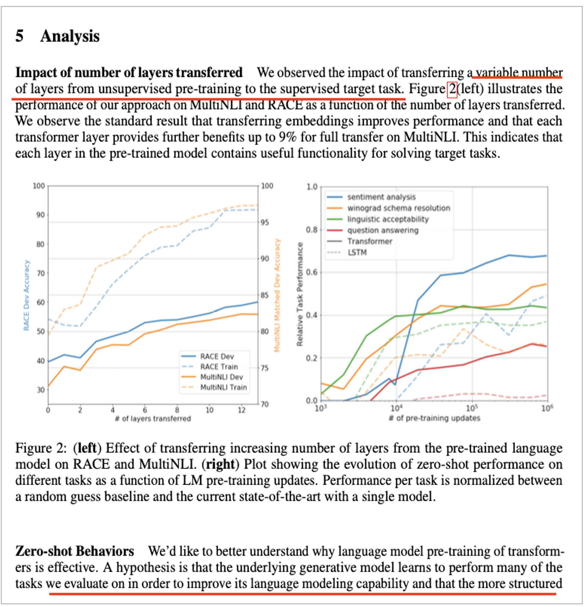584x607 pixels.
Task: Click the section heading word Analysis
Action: pyautogui.click(x=70, y=36)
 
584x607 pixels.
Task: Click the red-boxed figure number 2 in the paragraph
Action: pyautogui.click(x=452, y=89)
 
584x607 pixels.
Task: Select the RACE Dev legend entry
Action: pyautogui.click(x=217, y=356)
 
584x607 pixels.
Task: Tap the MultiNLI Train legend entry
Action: pyautogui.click(x=223, y=387)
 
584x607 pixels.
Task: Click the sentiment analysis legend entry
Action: pyautogui.click(x=381, y=197)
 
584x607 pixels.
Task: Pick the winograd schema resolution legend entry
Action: pyautogui.click(x=399, y=208)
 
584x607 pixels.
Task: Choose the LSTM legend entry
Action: pyautogui.click(x=357, y=252)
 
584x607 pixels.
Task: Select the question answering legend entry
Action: pyautogui.click(x=383, y=230)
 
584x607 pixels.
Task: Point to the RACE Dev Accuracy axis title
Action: pyautogui.click(x=26, y=295)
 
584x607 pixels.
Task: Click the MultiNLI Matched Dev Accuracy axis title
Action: pyautogui.click(x=277, y=295)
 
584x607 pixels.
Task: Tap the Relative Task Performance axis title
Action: pyautogui.click(x=300, y=294)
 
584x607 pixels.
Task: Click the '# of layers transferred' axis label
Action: pyautogui.click(x=153, y=419)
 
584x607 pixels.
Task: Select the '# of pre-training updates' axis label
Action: pyautogui.click(x=434, y=418)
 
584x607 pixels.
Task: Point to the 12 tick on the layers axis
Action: pyautogui.click(x=241, y=410)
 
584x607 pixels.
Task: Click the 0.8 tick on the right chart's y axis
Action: pyautogui.click(x=312, y=230)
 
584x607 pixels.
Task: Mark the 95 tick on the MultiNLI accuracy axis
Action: pyautogui.click(x=265, y=222)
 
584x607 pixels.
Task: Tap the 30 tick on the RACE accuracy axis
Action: pyautogui.click(x=40, y=390)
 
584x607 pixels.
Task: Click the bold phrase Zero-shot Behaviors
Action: pyautogui.click(x=75, y=551)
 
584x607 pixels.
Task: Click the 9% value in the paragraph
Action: pyautogui.click(x=287, y=137)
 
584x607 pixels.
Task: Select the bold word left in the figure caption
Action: pyautogui.click(x=87, y=448)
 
